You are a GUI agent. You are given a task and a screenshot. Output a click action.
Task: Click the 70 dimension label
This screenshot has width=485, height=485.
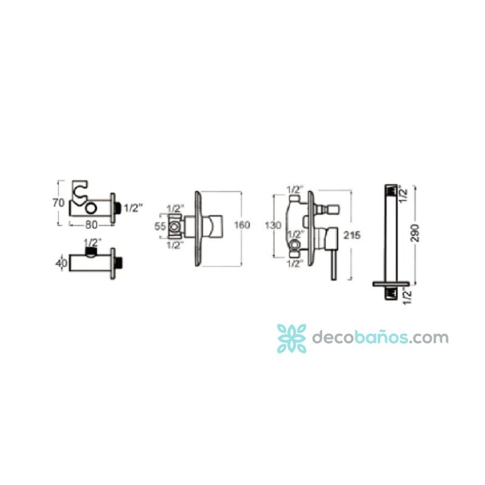click(x=58, y=203)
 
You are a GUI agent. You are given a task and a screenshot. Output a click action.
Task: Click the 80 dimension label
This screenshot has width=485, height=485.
click(x=92, y=225)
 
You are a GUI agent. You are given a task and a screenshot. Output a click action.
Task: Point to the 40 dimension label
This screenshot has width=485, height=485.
click(x=61, y=263)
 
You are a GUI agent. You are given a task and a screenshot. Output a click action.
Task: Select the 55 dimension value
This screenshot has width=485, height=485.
click(x=160, y=226)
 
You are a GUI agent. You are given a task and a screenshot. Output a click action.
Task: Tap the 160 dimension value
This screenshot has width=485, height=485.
click(x=242, y=225)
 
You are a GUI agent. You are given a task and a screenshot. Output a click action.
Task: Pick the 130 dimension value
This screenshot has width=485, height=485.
click(x=273, y=225)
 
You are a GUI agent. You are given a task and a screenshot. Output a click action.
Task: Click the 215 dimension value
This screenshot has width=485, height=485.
click(x=352, y=235)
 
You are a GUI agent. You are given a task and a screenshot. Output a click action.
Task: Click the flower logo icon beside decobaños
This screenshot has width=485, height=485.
click(x=292, y=338)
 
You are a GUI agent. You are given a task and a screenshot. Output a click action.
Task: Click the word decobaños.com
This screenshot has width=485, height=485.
click(x=380, y=337)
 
